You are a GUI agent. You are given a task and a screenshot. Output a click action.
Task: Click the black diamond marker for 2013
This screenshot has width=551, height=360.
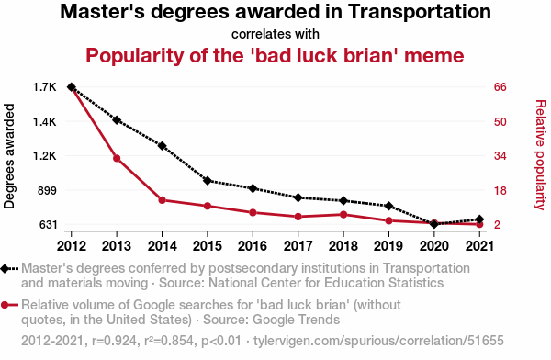pyautogui.click(x=117, y=120)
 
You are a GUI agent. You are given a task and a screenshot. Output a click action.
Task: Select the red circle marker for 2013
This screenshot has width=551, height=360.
pyautogui.click(x=117, y=158)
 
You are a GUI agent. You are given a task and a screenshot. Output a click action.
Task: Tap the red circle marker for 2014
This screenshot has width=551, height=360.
pyautogui.click(x=162, y=200)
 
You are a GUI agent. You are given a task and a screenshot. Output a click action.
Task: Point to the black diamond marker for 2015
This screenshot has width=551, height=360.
pyautogui.click(x=208, y=181)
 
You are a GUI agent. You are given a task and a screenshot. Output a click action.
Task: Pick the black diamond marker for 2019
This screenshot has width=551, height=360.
pyautogui.click(x=388, y=206)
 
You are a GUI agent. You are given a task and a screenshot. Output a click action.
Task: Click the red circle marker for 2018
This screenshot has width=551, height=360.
pyautogui.click(x=343, y=215)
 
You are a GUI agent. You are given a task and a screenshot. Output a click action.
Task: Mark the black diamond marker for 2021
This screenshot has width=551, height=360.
pyautogui.click(x=479, y=219)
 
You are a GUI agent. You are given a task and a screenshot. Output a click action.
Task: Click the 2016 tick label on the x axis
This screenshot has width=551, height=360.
pyautogui.click(x=253, y=246)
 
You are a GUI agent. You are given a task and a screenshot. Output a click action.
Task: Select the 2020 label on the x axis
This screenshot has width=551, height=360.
pyautogui.click(x=434, y=246)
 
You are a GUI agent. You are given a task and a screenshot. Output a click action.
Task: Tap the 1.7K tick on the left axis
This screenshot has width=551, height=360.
pyautogui.click(x=45, y=87)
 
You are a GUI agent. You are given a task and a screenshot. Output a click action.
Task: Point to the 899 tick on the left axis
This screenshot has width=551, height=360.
pyautogui.click(x=47, y=190)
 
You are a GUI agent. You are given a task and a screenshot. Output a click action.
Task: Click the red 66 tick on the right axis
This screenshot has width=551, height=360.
pyautogui.click(x=500, y=87)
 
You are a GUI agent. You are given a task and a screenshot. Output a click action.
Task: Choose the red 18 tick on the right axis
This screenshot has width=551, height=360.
pyautogui.click(x=500, y=190)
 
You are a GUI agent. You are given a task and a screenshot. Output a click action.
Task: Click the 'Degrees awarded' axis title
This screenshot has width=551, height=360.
pyautogui.click(x=9, y=156)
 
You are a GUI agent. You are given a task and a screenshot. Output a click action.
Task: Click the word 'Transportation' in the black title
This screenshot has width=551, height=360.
pyautogui.click(x=420, y=12)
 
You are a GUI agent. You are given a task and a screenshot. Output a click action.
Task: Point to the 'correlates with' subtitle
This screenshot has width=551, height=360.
pyautogui.click(x=275, y=34)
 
